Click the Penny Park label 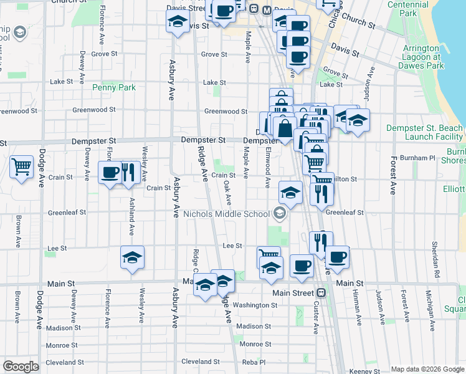114,88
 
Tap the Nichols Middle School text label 227,214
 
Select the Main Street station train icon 321,292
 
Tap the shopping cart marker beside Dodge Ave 22,167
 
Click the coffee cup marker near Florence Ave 110,173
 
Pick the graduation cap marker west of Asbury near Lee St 132,257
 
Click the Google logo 20,366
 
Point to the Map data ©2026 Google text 427,369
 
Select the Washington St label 256,305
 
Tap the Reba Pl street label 254,362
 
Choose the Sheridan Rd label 435,264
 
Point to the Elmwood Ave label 267,166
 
